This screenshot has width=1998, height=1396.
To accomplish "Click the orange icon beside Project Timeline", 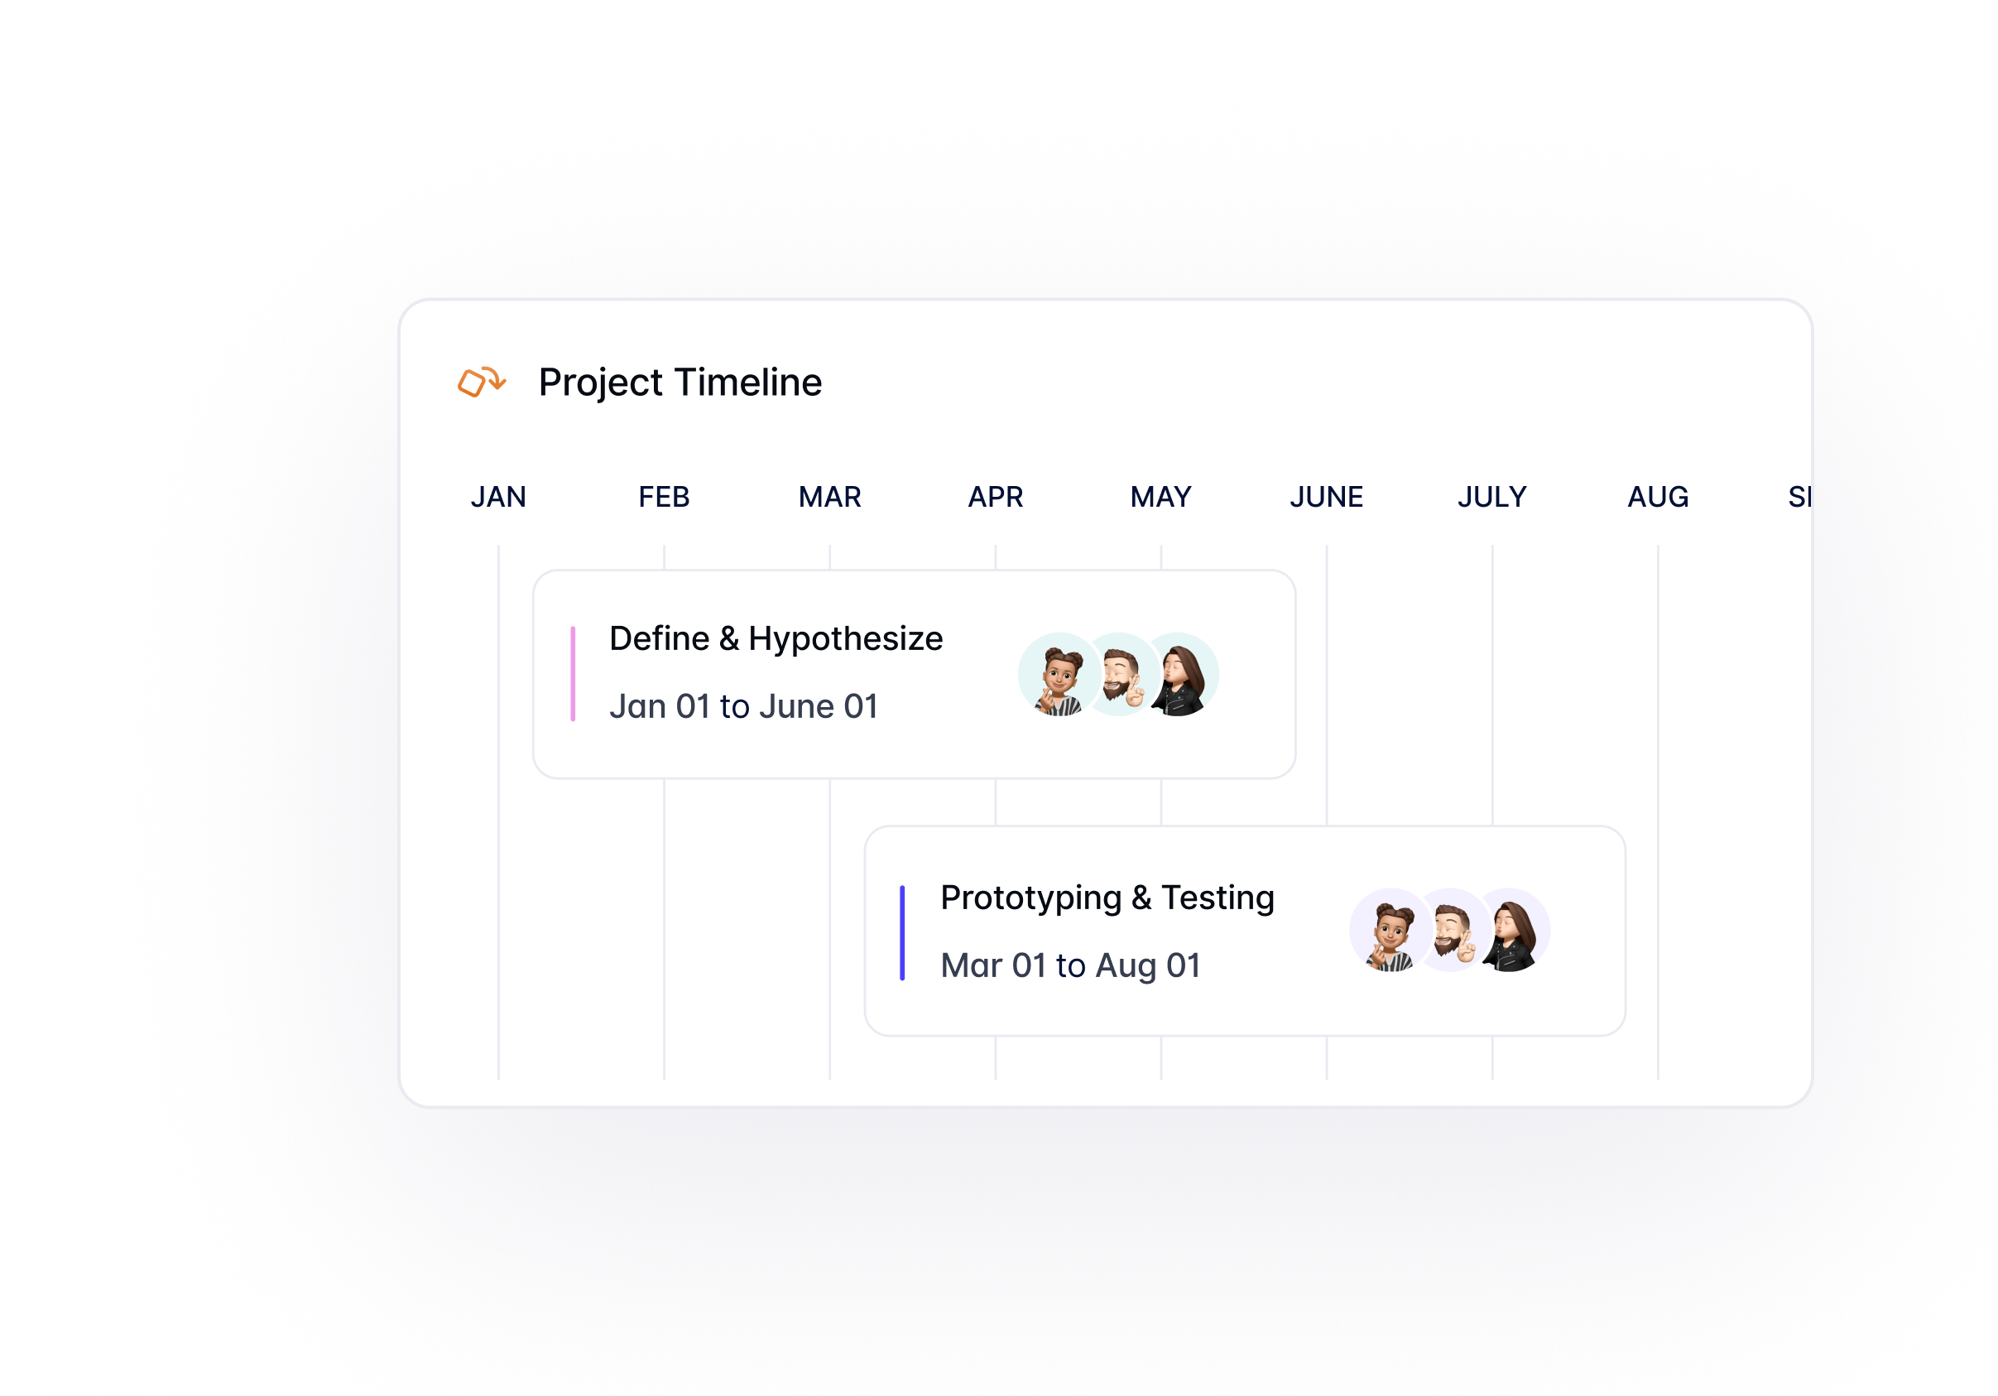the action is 481,381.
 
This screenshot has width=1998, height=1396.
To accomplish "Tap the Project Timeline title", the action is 680,383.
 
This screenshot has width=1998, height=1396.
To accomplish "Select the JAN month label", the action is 498,497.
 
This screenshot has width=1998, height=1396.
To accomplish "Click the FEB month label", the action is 664,497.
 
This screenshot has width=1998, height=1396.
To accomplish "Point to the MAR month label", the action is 830,497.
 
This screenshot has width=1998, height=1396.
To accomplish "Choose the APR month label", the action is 996,497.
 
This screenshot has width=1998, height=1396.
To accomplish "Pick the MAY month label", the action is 1161,497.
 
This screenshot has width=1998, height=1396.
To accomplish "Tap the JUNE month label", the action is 1326,497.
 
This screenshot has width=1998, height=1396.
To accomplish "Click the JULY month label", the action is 1491,497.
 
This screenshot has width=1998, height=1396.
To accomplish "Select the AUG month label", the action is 1658,497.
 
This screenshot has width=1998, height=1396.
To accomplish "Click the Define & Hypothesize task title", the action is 776,639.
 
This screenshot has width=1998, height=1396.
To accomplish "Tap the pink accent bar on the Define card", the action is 573,674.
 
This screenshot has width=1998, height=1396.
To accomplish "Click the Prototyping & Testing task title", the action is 1107,898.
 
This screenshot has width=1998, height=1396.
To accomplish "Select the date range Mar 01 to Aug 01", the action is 1070,965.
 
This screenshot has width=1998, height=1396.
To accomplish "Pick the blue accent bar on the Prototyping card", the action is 902,932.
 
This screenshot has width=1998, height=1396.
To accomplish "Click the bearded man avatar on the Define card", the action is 1121,675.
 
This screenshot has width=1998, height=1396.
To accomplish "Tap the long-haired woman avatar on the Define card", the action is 1179,675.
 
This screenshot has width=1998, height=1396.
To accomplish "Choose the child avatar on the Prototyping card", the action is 1390,931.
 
